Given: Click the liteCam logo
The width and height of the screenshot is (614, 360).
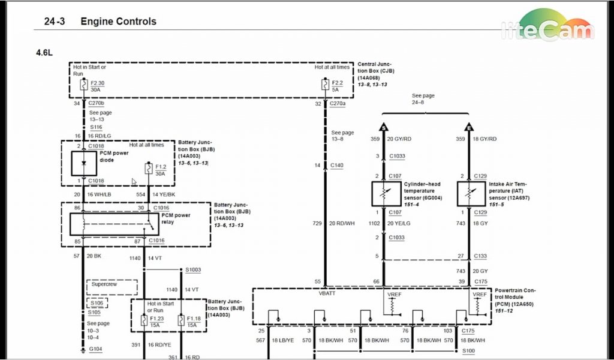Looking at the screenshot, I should pyautogui.click(x=547, y=28).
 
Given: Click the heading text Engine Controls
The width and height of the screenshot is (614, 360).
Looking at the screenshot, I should pyautogui.click(x=118, y=22).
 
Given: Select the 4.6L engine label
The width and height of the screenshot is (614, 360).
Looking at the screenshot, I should pyautogui.click(x=44, y=52).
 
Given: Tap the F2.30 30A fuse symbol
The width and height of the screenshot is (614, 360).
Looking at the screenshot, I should pyautogui.click(x=83, y=85).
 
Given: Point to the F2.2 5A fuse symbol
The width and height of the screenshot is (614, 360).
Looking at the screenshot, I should pyautogui.click(x=325, y=85).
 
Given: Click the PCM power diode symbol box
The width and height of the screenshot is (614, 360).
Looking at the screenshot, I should pyautogui.click(x=83, y=163).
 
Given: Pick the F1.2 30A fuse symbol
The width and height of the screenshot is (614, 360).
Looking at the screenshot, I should pyautogui.click(x=148, y=169).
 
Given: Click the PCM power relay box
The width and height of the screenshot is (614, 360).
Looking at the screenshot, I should pyautogui.click(x=113, y=224).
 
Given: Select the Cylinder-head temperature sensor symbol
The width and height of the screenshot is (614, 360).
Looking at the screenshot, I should pyautogui.click(x=384, y=193).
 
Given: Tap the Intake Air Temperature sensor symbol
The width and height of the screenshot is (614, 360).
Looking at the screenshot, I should pyautogui.click(x=469, y=193).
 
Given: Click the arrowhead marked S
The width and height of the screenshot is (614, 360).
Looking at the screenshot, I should pyautogui.click(x=384, y=127).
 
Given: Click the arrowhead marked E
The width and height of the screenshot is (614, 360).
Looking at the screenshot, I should pyautogui.click(x=469, y=127).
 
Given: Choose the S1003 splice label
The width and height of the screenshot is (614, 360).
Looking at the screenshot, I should pyautogui.click(x=193, y=270).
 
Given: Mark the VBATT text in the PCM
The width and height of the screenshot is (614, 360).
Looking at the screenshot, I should pyautogui.click(x=327, y=294).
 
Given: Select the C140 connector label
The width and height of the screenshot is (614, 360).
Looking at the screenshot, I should pyautogui.click(x=337, y=164).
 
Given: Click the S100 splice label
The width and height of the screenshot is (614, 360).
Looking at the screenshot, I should pyautogui.click(x=468, y=350).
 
